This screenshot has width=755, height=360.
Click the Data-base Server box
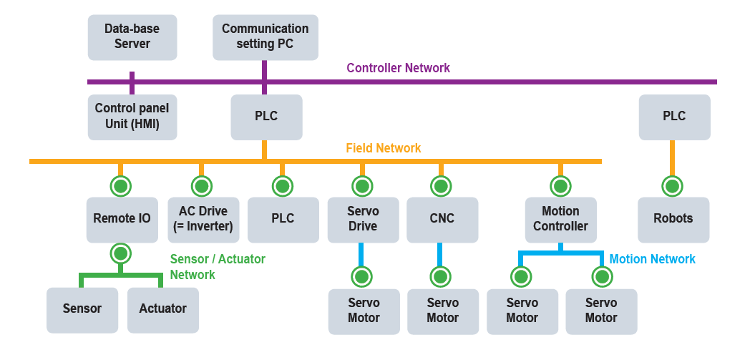click(x=132, y=37)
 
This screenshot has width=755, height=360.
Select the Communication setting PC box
click(x=265, y=37)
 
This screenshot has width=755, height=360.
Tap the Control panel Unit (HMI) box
click(x=132, y=117)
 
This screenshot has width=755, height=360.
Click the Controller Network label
click(x=398, y=68)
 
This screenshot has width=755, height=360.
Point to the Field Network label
click(x=383, y=148)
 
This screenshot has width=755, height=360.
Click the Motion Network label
click(x=652, y=259)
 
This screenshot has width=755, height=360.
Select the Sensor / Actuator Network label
click(x=218, y=266)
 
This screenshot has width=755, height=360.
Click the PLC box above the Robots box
click(x=674, y=117)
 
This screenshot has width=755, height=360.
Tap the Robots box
click(x=673, y=219)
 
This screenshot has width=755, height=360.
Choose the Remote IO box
click(x=122, y=219)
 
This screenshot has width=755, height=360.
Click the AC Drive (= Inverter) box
click(x=202, y=219)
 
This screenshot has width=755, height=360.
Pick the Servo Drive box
click(x=363, y=219)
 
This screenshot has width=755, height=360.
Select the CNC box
click(x=442, y=219)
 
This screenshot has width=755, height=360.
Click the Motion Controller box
click(x=560, y=219)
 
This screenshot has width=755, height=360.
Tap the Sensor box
click(x=82, y=309)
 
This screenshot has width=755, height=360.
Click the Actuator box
click(x=162, y=309)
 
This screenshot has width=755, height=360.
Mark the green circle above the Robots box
click(x=672, y=186)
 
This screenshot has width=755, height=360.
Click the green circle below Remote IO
click(x=120, y=253)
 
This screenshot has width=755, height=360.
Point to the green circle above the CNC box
click(x=441, y=186)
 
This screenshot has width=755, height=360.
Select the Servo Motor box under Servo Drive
click(x=364, y=311)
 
